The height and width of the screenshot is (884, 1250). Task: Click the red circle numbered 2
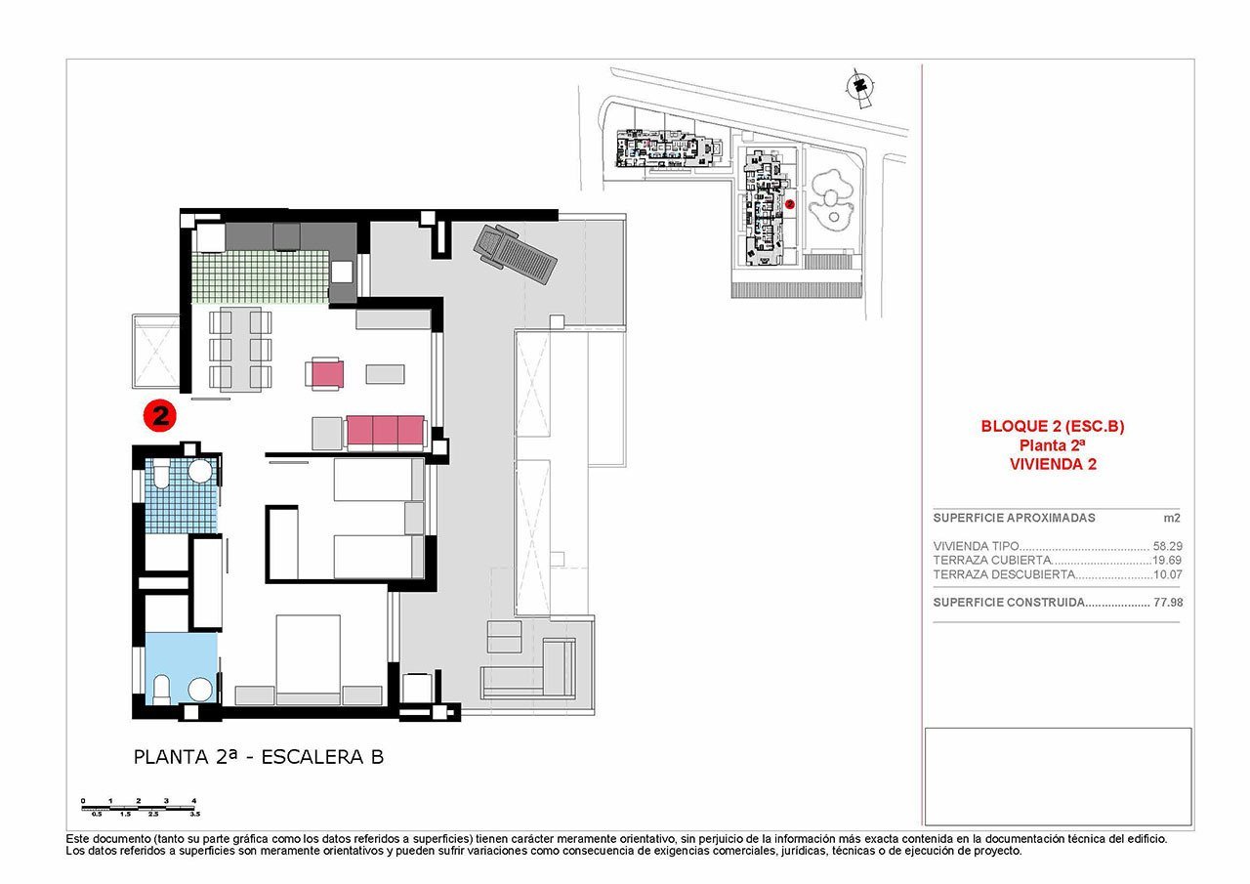(159, 415)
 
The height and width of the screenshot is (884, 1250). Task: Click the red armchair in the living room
(325, 373)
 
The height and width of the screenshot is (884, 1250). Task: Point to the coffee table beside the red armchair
(384, 372)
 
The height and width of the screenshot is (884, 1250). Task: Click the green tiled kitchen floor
(260, 274)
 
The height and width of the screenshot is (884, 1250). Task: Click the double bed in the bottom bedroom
(308, 654)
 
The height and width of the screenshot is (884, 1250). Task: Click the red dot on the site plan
(790, 204)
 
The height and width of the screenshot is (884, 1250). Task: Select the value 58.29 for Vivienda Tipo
(1167, 546)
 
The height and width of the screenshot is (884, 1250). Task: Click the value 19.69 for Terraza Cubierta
(1167, 561)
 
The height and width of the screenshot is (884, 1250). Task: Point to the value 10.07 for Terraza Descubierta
(1167, 575)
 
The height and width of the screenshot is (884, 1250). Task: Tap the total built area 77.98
(1167, 603)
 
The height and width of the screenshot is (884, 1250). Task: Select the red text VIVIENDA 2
(1053, 465)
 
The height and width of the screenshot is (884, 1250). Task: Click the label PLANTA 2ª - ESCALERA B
(258, 757)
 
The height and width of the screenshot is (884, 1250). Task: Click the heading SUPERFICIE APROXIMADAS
(1014, 518)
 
